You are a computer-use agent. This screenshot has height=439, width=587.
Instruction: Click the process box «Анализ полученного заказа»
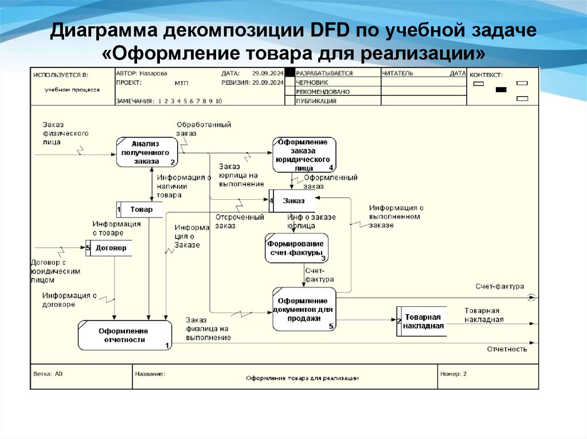click(x=147, y=152)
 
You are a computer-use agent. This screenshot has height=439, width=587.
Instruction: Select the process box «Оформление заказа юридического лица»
click(x=304, y=155)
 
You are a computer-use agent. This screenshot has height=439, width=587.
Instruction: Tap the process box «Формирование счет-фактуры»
click(x=296, y=248)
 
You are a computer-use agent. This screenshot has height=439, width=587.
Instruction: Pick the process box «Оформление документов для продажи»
click(x=304, y=309)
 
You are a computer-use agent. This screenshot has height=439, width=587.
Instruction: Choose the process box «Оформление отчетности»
click(x=124, y=335)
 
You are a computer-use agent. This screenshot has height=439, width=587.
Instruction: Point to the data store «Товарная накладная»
click(x=423, y=321)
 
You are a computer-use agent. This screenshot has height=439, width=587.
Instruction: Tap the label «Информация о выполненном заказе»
click(x=396, y=216)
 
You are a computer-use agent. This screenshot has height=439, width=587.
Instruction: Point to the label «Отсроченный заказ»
click(x=239, y=222)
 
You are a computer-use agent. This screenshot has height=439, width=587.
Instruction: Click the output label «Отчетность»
click(x=507, y=349)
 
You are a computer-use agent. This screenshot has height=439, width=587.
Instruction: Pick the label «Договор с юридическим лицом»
click(x=55, y=271)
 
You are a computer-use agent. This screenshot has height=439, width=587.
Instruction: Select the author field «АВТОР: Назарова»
click(x=142, y=73)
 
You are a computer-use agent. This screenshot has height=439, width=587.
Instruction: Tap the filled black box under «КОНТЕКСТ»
click(x=501, y=90)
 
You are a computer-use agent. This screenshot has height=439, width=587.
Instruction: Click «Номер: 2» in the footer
click(x=453, y=374)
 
